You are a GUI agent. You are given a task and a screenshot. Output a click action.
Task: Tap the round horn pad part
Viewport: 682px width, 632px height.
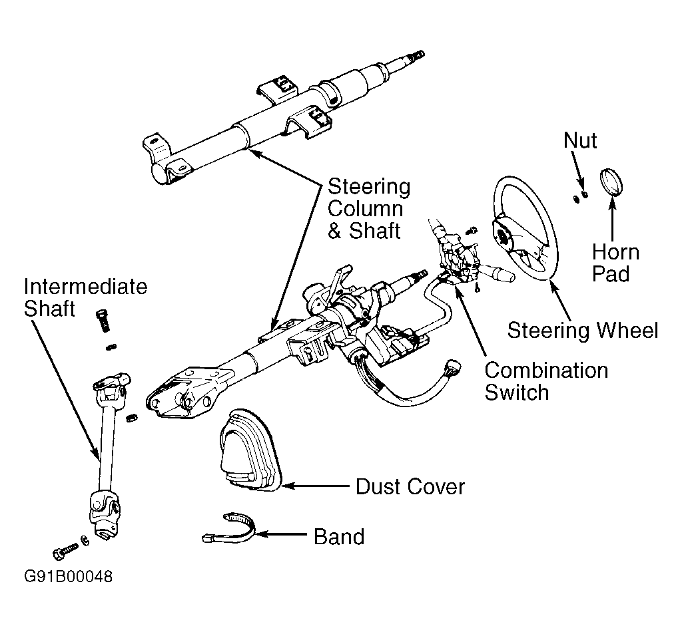pos(611,182)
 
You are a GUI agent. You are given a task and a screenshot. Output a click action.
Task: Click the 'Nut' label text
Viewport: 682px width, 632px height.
pos(580,140)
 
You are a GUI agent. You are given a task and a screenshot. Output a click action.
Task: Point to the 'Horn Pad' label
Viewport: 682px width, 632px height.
pos(615,263)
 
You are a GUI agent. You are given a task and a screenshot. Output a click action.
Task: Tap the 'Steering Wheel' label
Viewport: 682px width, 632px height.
pos(582,330)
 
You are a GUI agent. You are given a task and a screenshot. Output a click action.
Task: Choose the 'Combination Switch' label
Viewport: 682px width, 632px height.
pos(546,381)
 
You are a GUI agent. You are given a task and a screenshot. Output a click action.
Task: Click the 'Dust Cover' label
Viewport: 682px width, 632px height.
pos(410,486)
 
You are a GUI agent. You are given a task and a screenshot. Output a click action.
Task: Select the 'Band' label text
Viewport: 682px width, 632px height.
pos(339,537)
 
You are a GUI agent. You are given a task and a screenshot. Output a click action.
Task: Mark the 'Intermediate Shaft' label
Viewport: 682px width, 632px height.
pos(85,297)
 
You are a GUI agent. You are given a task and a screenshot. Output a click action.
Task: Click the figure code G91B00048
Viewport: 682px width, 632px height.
pos(69,576)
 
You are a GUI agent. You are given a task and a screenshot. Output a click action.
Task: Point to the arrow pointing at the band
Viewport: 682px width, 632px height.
pos(281,534)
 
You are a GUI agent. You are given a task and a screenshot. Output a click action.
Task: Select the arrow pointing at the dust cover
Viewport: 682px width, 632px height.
pos(316,486)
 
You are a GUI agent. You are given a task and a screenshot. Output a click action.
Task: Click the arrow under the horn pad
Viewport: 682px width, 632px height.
pos(613,220)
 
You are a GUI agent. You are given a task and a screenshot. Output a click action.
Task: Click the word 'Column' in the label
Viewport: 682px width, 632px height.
pos(366,208)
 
